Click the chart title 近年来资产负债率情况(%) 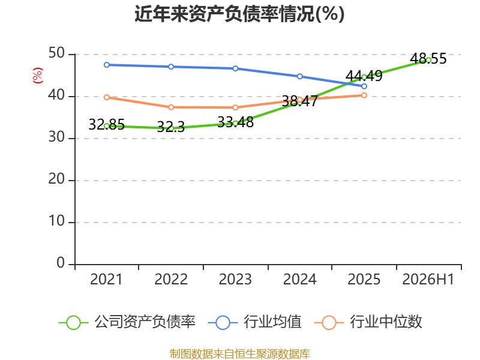[239, 14]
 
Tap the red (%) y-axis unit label [38, 76]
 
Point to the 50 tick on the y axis [56, 53]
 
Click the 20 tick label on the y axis [56, 179]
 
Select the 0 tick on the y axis [61, 263]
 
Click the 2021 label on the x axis [106, 279]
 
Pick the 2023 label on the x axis [235, 279]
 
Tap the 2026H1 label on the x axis [428, 279]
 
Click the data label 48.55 [428, 58]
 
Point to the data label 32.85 [107, 124]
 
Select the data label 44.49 [364, 76]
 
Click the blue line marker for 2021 [107, 65]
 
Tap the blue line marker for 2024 [299, 76]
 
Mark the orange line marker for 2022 [171, 107]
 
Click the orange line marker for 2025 [364, 95]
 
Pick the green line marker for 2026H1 [428, 61]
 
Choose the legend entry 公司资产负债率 [127, 322]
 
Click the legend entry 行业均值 [254, 322]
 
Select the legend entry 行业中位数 [368, 322]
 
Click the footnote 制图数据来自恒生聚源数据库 [240, 354]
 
